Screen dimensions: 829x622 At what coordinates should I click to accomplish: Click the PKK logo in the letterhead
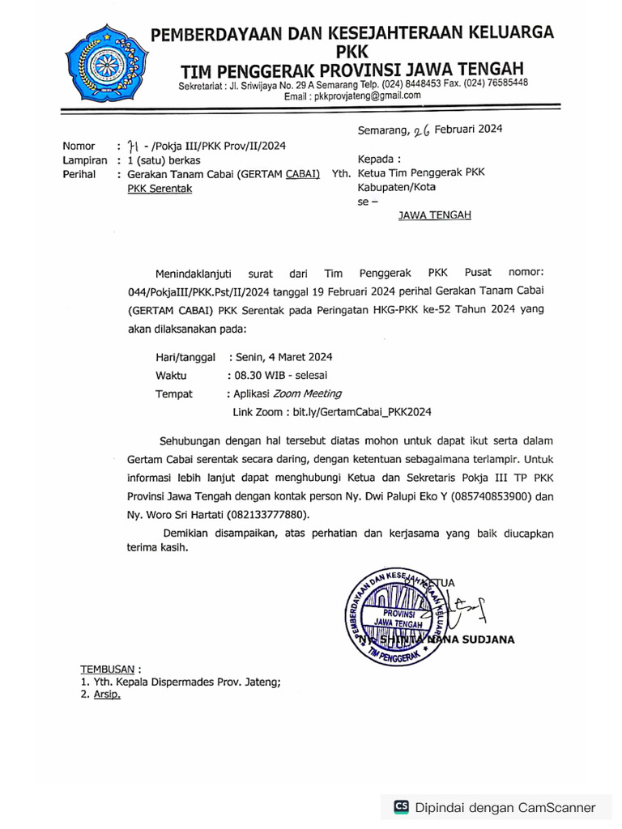104,63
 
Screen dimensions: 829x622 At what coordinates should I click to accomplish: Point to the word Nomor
79,147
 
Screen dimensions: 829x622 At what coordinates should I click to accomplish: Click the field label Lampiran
85,160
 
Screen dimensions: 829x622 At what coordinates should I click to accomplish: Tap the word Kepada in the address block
378,159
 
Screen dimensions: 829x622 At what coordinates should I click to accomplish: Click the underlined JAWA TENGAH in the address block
434,215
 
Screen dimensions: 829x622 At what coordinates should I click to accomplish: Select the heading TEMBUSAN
108,670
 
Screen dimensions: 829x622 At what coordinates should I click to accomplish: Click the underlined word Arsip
106,695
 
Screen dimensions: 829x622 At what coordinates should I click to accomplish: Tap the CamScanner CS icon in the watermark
401,807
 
